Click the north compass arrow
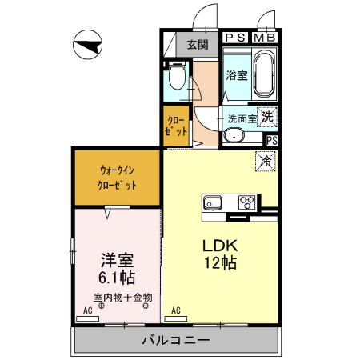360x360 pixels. (x=88, y=45)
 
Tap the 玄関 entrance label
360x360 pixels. (x=198, y=45)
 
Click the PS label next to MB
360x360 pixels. (x=236, y=38)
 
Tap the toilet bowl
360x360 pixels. (x=177, y=78)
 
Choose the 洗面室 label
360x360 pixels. (x=242, y=118)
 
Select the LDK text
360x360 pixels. (x=218, y=245)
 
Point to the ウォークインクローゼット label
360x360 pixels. (x=118, y=178)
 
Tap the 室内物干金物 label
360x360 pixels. (x=121, y=298)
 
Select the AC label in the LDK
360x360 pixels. (x=175, y=310)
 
